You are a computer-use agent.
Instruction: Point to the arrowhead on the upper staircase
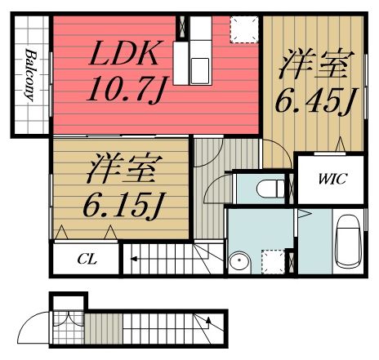point(132,263)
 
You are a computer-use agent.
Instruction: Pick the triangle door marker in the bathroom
point(304,215)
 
